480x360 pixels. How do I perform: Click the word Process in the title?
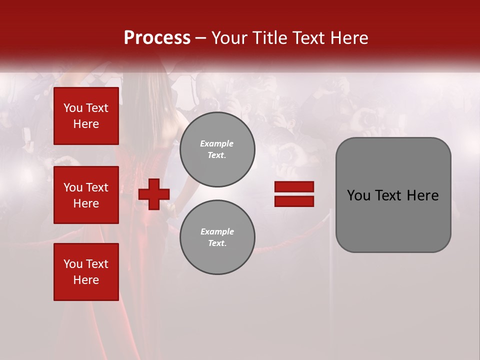click(157, 38)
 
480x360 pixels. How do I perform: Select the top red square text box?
click(86, 116)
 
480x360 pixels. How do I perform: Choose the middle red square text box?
click(86, 195)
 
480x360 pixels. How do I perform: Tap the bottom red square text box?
click(86, 272)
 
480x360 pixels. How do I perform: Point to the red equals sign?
click(294, 194)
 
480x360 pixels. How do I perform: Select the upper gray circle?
click(217, 149)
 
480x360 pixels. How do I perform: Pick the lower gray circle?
click(217, 237)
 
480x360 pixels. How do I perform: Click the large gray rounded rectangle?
click(393, 195)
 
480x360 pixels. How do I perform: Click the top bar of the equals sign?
click(294, 187)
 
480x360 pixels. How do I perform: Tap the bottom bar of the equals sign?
click(294, 201)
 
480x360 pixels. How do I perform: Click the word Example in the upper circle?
click(217, 143)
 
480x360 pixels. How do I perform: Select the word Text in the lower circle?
click(216, 243)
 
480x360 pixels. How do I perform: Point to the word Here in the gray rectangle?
click(423, 195)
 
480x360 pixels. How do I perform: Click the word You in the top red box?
click(72, 108)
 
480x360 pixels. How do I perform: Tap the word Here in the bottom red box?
click(86, 280)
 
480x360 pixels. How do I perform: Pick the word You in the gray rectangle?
click(358, 195)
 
